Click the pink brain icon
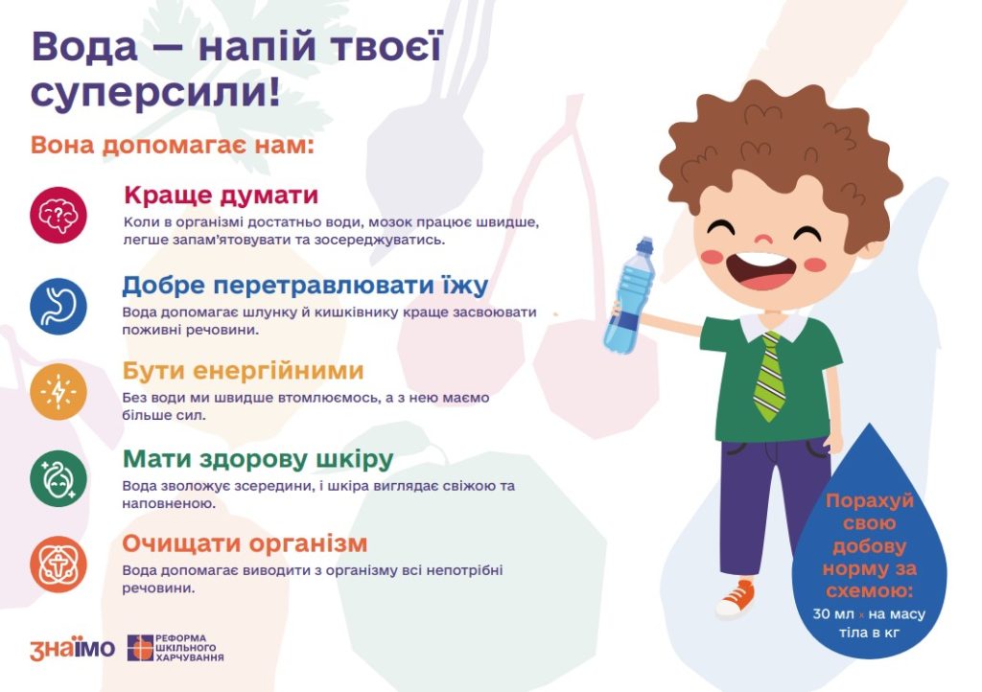58,215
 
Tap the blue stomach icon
58,306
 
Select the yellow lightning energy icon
58,392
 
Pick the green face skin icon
58,478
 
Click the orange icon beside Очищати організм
58,565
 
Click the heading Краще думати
222,196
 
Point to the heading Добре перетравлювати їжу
304,286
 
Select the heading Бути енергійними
243,371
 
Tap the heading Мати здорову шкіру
257,459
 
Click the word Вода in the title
84,47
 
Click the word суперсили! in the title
155,93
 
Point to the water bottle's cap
644,244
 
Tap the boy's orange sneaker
736,599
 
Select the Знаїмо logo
72,649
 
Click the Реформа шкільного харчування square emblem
140,648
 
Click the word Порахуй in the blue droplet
869,501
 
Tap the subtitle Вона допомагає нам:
172,145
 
